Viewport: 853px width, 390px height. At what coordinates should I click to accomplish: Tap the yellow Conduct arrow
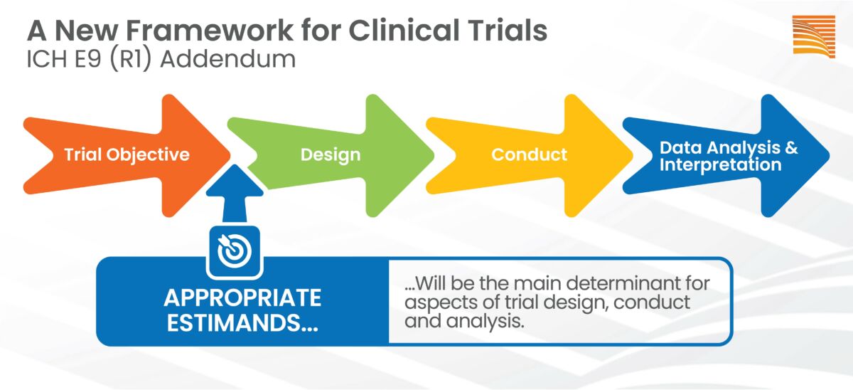(x=529, y=154)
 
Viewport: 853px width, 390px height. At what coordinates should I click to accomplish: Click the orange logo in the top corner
(x=813, y=35)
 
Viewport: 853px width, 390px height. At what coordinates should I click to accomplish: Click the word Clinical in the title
(x=397, y=31)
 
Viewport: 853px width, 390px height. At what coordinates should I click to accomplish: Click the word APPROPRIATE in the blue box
(x=242, y=297)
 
